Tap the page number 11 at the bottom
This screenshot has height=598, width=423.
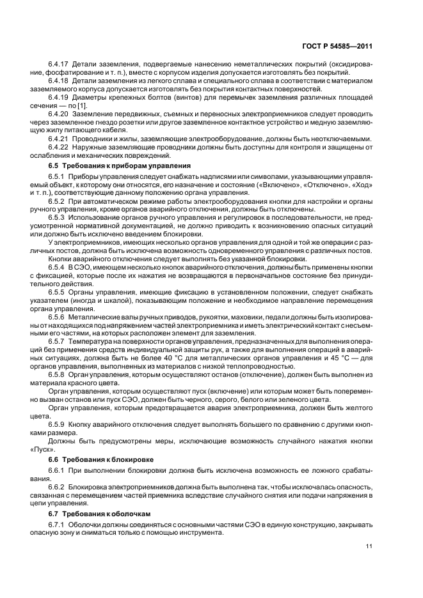click(369, 546)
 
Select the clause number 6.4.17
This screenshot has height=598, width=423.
click(59, 65)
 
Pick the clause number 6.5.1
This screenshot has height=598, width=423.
click(57, 176)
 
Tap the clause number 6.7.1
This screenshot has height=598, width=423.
click(57, 525)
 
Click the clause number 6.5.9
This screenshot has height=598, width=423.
click(57, 424)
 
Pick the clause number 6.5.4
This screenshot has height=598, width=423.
click(57, 265)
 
